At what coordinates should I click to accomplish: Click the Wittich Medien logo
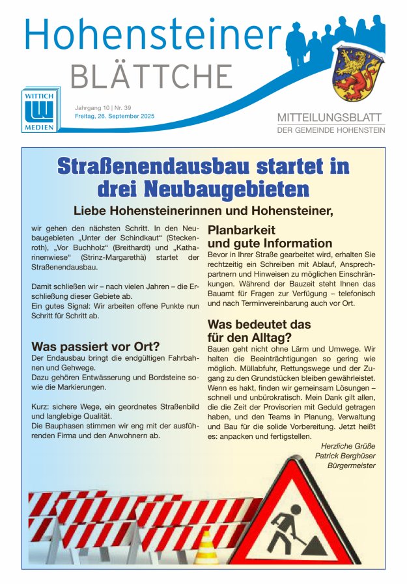click(42, 109)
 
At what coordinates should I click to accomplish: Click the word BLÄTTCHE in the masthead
click(151, 77)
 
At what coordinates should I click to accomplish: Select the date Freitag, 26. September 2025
click(115, 116)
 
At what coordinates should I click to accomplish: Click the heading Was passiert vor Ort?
click(95, 346)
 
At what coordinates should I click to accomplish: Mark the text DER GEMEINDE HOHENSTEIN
click(331, 130)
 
